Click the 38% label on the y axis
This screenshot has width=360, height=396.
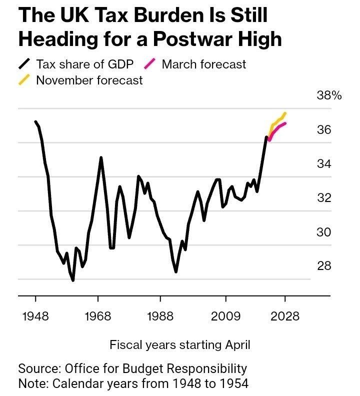click(328, 96)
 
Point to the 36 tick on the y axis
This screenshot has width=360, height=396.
click(324, 130)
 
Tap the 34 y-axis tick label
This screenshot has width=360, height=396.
click(324, 164)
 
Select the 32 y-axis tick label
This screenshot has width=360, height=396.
click(324, 198)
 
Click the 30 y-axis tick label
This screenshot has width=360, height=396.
click(324, 232)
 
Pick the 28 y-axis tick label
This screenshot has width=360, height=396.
click(324, 265)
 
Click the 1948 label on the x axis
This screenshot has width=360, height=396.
click(35, 317)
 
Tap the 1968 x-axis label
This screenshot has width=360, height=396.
click(98, 317)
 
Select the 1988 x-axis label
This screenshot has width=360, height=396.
click(160, 317)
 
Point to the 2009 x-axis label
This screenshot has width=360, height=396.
click(225, 317)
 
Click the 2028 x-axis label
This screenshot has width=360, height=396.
click(285, 317)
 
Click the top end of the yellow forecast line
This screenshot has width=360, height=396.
click(284, 113)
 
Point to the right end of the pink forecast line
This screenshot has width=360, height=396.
click(285, 123)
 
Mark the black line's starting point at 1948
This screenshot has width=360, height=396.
click(35, 121)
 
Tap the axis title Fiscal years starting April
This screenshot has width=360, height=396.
click(180, 344)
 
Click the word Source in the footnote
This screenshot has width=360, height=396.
click(38, 369)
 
